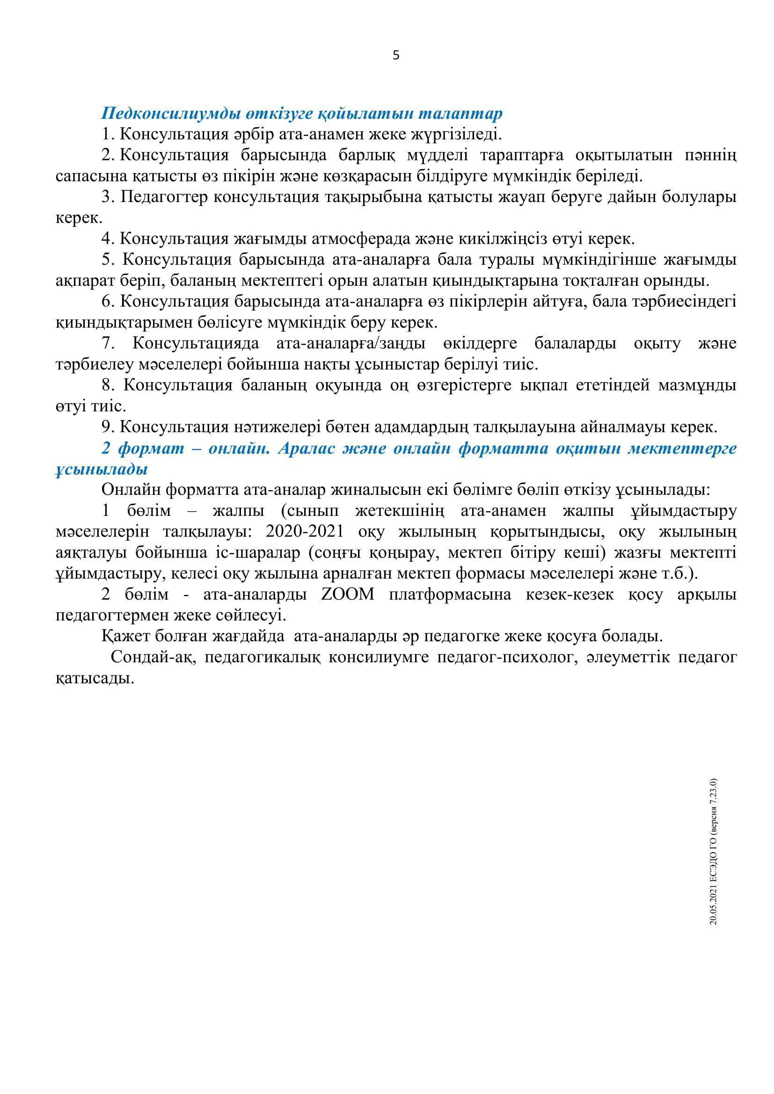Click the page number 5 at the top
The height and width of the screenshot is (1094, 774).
[395, 56]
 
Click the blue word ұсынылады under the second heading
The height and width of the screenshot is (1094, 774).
[102, 469]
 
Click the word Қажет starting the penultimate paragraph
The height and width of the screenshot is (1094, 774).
[123, 636]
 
